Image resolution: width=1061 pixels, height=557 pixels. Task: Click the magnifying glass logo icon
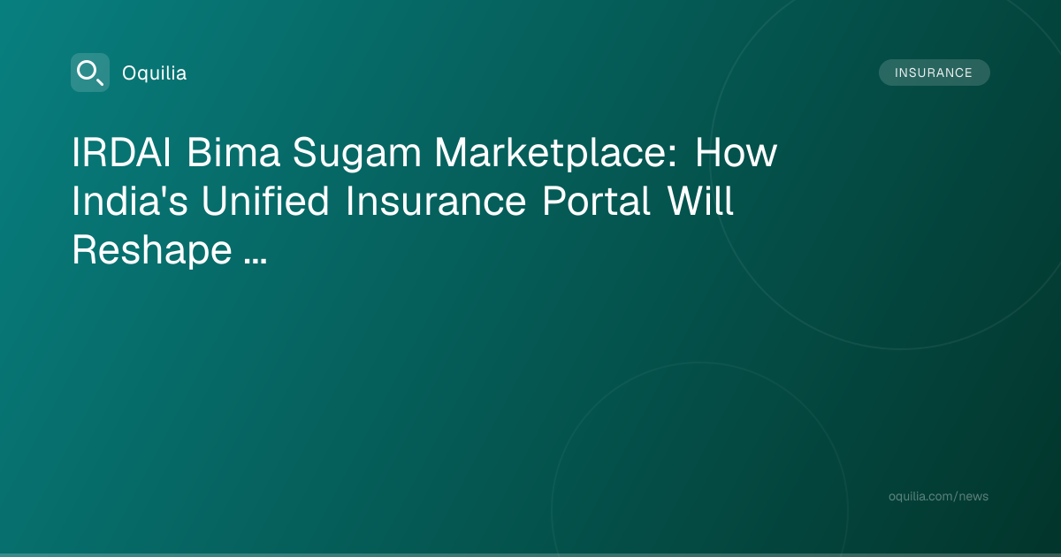(90, 72)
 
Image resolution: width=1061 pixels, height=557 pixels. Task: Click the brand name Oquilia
(155, 73)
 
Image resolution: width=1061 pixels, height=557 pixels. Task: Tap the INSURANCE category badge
(934, 72)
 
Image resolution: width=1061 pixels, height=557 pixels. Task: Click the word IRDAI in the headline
(121, 152)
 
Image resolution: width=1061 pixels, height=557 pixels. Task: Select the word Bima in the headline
(233, 152)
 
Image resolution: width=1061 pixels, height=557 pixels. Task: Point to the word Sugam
(356, 155)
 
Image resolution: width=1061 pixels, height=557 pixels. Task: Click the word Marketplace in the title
(550, 155)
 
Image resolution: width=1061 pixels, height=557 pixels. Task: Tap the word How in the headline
(736, 152)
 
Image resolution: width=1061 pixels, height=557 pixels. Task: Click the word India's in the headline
(130, 201)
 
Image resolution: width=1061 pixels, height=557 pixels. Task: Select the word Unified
(265, 201)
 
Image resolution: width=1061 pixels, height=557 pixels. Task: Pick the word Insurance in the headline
(436, 201)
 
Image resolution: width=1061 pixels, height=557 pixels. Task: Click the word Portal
(596, 201)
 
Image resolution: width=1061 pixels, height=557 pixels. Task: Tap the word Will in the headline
(700, 201)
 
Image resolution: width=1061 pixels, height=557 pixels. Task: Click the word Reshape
(152, 251)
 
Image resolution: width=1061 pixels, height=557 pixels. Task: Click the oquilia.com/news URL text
(938, 496)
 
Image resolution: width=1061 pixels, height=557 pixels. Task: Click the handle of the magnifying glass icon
(99, 81)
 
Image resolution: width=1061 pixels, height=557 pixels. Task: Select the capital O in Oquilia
(129, 73)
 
